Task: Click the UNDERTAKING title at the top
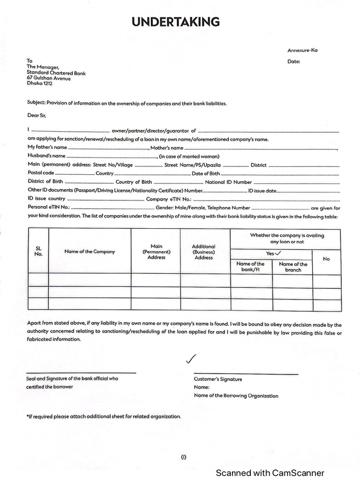175,22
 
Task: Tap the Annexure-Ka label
302,50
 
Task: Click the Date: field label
294,61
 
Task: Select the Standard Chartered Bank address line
56,73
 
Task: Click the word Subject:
36,103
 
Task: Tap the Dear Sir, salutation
37,115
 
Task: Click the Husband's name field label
46,156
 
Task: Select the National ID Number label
228,182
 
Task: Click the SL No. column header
38,251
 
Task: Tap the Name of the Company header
90,252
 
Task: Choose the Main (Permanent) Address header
156,252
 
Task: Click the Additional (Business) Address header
204,252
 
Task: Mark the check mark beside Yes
278,253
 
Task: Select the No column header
326,259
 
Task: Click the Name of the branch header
293,267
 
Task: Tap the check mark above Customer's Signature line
190,359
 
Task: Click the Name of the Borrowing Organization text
236,396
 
